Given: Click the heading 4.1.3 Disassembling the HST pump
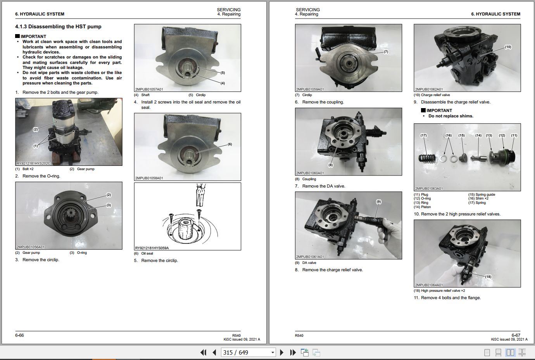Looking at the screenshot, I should (x=58, y=27).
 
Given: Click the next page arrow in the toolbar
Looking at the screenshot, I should (x=282, y=352).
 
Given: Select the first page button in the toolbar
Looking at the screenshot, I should (x=203, y=352).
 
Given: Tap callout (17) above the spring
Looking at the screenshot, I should (x=423, y=136).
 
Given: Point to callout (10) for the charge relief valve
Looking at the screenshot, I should (x=508, y=47).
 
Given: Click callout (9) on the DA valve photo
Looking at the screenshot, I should (x=378, y=202).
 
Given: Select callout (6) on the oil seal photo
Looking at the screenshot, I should (x=230, y=144).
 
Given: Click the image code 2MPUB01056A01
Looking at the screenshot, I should (x=31, y=247).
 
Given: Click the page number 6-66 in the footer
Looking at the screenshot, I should (x=19, y=335).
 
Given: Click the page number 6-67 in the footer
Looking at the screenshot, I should (x=516, y=335).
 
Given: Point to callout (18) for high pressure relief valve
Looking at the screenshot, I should (x=488, y=277).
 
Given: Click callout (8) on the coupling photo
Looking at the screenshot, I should (x=330, y=165).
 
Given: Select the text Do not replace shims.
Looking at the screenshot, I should (x=450, y=116).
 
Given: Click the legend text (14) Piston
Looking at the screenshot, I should (x=422, y=207).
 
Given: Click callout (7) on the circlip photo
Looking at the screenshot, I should (x=386, y=52).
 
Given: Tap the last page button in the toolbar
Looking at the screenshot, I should (x=293, y=352).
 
